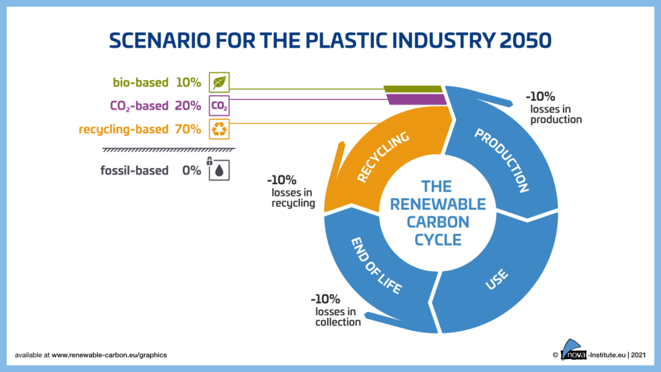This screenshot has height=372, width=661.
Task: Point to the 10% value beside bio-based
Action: click(188, 83)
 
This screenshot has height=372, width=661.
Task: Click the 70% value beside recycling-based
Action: click(188, 129)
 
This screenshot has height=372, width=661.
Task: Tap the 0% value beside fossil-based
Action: click(192, 170)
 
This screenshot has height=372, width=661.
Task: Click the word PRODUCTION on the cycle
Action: click(502, 161)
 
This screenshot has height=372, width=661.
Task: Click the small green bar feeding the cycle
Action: click(412, 88)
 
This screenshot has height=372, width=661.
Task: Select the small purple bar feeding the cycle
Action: click(416, 99)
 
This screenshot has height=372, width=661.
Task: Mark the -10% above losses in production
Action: click(540, 96)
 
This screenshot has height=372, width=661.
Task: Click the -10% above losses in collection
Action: click(325, 299)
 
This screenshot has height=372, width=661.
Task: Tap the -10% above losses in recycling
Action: click(282, 180)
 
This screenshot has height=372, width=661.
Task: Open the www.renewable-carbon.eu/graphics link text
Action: click(110, 355)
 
